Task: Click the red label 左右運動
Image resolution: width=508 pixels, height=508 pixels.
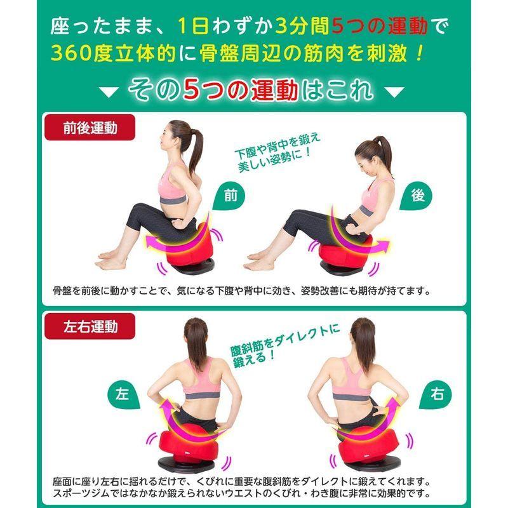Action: pyautogui.click(x=90, y=327)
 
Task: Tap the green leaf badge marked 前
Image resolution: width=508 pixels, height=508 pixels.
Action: pyautogui.click(x=229, y=198)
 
